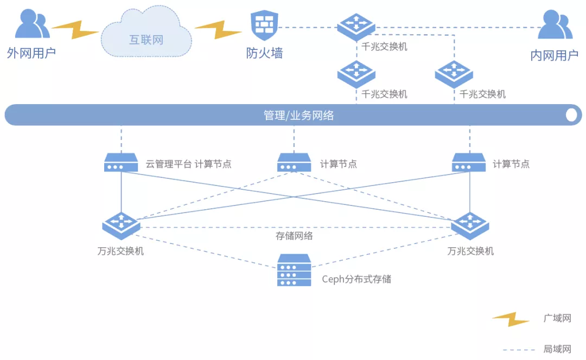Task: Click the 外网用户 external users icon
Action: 31,25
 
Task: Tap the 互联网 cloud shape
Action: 146,36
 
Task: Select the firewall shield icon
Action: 264,25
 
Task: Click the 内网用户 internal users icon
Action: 555,26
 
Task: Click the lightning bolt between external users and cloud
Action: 74,30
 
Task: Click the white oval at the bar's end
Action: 571,115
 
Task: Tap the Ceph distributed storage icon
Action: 294,270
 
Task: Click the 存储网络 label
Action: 294,236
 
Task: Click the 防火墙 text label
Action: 264,54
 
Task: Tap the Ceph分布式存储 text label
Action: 356,280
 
